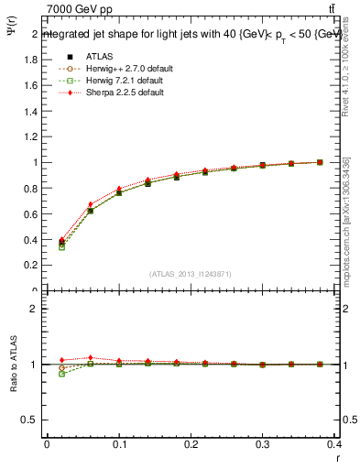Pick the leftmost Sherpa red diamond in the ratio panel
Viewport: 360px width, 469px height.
61,360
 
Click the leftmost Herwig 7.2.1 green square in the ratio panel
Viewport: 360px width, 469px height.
61,374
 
